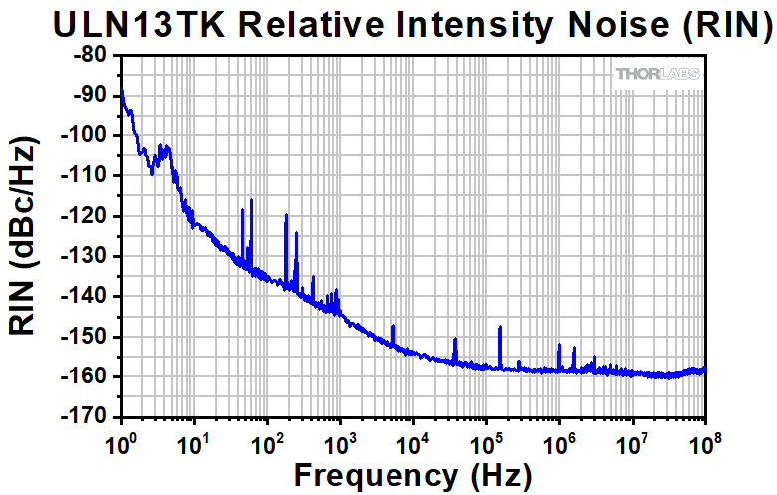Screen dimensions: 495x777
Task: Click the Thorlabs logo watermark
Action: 657,74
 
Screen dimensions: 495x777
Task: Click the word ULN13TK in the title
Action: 124,24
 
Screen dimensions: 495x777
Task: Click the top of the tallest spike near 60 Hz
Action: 251,200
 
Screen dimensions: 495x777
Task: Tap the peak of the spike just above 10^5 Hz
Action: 500,327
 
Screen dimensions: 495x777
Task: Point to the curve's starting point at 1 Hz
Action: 121,91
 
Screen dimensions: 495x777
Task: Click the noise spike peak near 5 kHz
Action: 393,326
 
